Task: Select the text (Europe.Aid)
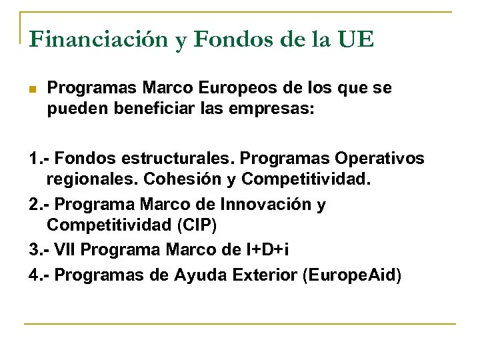click(353, 274)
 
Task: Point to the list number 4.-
click(39, 274)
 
